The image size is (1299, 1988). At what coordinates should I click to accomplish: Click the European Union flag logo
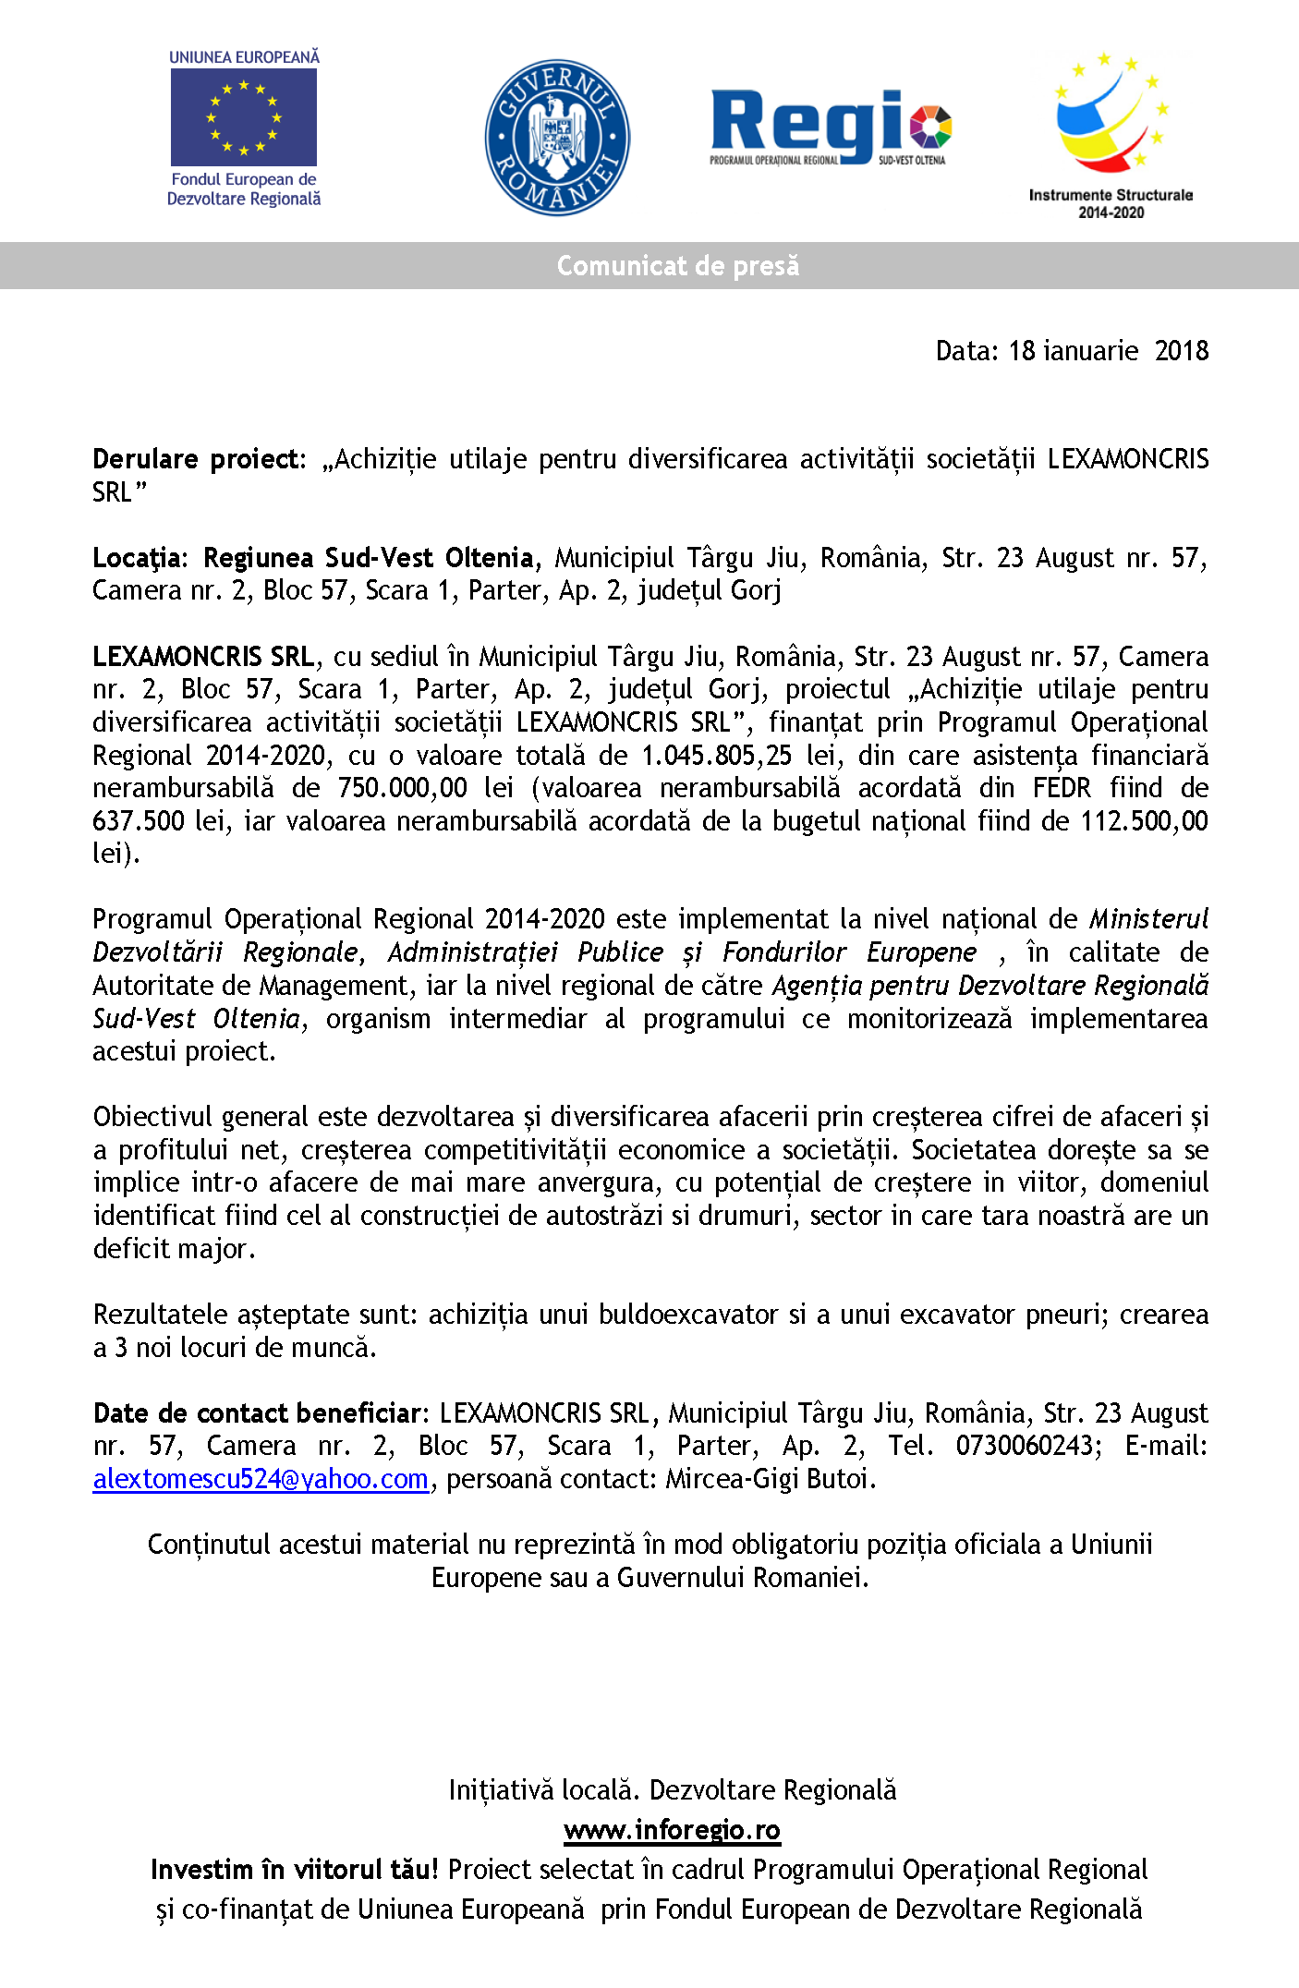244,117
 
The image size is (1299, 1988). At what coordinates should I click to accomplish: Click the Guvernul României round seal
557,138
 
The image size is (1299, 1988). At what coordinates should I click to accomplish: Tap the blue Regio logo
830,127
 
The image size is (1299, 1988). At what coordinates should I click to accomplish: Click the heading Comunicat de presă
677,266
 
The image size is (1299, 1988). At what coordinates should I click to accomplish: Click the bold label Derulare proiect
197,459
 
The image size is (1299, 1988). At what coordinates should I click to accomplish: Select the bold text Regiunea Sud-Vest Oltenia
368,558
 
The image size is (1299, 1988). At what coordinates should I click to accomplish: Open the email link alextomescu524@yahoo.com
261,1479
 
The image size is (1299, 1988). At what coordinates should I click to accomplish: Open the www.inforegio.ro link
672,1830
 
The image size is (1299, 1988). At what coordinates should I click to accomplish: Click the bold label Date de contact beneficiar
258,1413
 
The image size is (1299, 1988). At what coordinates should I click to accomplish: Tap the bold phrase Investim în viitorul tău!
295,1870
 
